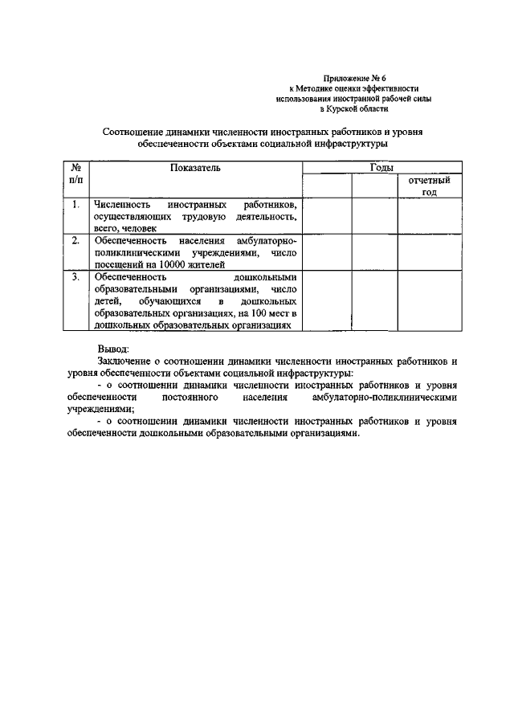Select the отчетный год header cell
pos(429,186)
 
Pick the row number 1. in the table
pos(75,205)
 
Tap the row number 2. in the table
pos(75,240)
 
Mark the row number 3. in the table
pos(75,276)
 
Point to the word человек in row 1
pos(139,227)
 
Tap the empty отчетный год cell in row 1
pos(429,216)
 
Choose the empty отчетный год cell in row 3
pos(429,301)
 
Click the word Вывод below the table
pos(112,349)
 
